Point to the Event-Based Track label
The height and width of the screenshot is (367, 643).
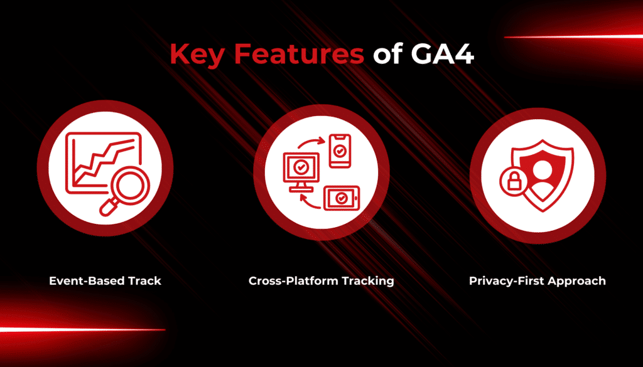[105, 280]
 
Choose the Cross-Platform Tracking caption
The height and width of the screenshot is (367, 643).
[321, 280]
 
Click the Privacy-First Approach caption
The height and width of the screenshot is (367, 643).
[537, 280]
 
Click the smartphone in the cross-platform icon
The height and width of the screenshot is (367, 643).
[340, 151]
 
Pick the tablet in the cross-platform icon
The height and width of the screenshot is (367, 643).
[340, 198]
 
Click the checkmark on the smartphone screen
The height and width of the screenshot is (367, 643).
[340, 151]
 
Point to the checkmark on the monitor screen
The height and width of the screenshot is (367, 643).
[301, 167]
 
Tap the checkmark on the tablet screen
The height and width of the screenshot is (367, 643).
[341, 198]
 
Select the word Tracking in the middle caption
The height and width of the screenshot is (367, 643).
[367, 280]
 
